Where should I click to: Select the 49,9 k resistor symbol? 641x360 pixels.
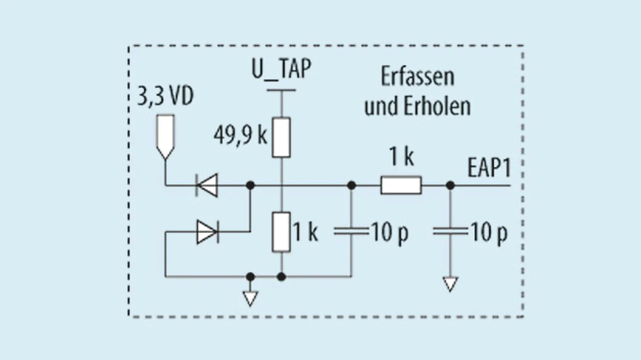pos(281,138)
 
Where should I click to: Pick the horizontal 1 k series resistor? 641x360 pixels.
pos(401,185)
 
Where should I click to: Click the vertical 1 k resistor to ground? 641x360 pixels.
pos(281,232)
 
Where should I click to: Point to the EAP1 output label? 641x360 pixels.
pos(489,169)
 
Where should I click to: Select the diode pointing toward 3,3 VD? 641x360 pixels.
pos(207,185)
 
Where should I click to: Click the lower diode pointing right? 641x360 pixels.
pos(207,232)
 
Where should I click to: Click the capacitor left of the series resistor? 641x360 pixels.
pos(351,232)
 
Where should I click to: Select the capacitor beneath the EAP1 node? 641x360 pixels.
pos(450,232)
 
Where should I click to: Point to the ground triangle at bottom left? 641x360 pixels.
pos(250,298)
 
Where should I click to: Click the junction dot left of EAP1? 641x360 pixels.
pos(450,185)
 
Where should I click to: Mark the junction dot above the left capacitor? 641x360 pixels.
pos(351,185)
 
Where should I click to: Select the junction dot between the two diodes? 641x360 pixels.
pos(250,185)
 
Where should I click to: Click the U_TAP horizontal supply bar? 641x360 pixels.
pos(281,91)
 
